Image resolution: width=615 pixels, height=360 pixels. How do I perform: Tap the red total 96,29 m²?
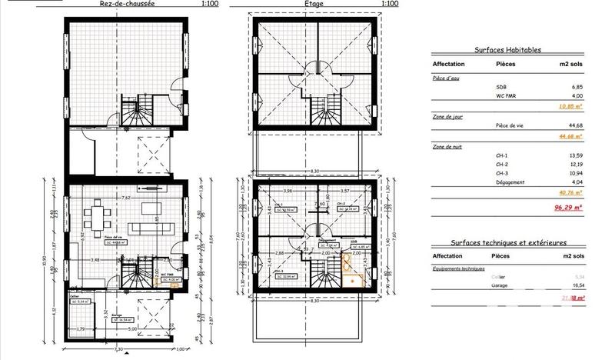coord(572,207)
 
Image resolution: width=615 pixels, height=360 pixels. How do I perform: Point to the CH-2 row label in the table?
coord(503,163)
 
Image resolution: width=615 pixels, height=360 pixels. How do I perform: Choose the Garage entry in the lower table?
coord(505,284)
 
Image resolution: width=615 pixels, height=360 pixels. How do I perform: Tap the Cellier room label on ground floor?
coord(75,295)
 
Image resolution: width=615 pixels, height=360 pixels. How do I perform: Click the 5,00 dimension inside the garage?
coord(133,328)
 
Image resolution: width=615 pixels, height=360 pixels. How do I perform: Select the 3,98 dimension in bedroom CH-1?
coord(287,191)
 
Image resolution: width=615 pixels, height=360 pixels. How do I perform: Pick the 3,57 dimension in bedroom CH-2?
coord(345,191)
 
